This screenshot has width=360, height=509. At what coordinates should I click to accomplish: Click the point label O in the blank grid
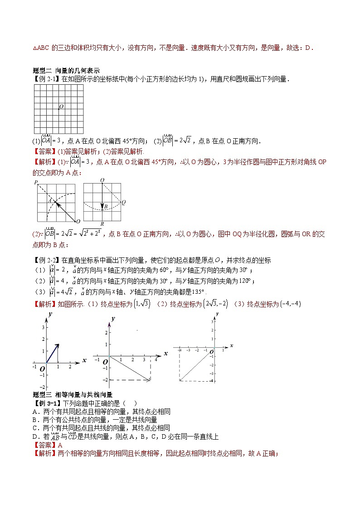pyautogui.click(x=61, y=107)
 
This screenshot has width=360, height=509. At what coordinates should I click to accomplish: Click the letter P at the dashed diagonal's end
pyautogui.click(x=35, y=182)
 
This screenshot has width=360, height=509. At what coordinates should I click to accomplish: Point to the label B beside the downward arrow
pyautogui.click(x=105, y=206)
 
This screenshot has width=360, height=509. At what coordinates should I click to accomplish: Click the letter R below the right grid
pyautogui.click(x=102, y=224)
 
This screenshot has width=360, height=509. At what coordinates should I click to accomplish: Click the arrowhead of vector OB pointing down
pyautogui.click(x=102, y=206)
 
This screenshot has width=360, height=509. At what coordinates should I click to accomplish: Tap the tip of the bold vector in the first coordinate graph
pyautogui.click(x=59, y=344)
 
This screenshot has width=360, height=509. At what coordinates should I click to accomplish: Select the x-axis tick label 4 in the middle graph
pyautogui.click(x=156, y=359)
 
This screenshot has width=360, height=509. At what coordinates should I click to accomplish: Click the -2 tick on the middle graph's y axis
pyautogui.click(x=104, y=380)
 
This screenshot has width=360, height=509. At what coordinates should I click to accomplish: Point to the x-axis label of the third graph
pyautogui.click(x=231, y=345)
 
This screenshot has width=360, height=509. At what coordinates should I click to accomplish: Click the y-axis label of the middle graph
pyautogui.click(x=112, y=319)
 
